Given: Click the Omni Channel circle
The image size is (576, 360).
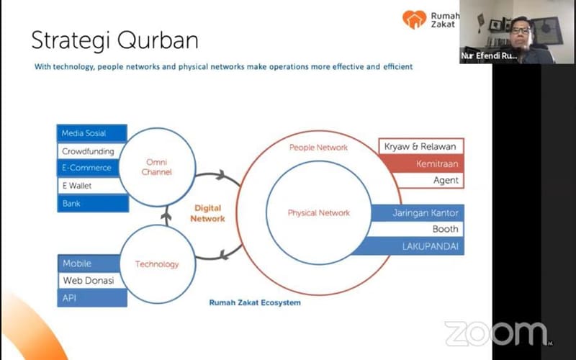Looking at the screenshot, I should (156, 167).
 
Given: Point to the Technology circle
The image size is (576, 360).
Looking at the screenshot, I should (156, 264).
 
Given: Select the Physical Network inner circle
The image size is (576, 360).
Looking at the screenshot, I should (318, 213).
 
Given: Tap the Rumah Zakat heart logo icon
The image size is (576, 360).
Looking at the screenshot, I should (414, 19).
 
